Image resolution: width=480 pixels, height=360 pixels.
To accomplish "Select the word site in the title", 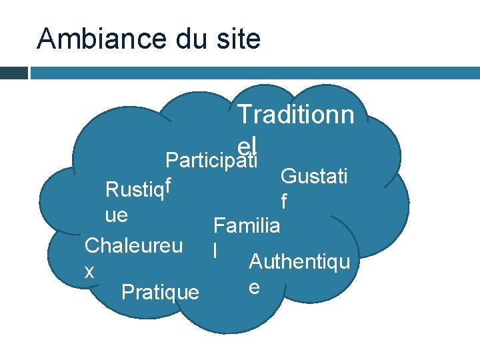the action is point(237,39).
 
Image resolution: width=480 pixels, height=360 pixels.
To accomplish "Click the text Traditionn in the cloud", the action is point(295,114).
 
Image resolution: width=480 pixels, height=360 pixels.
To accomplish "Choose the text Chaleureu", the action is point(133,245).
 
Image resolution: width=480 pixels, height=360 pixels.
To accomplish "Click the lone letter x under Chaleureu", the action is point(89,271).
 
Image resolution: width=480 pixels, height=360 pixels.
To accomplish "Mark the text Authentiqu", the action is point(299,262).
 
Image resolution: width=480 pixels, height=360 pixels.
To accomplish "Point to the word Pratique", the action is point(160,291).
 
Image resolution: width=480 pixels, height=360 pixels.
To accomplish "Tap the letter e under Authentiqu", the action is point(253,287).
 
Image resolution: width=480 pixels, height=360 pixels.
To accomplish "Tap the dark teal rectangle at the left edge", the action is point(13,72).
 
